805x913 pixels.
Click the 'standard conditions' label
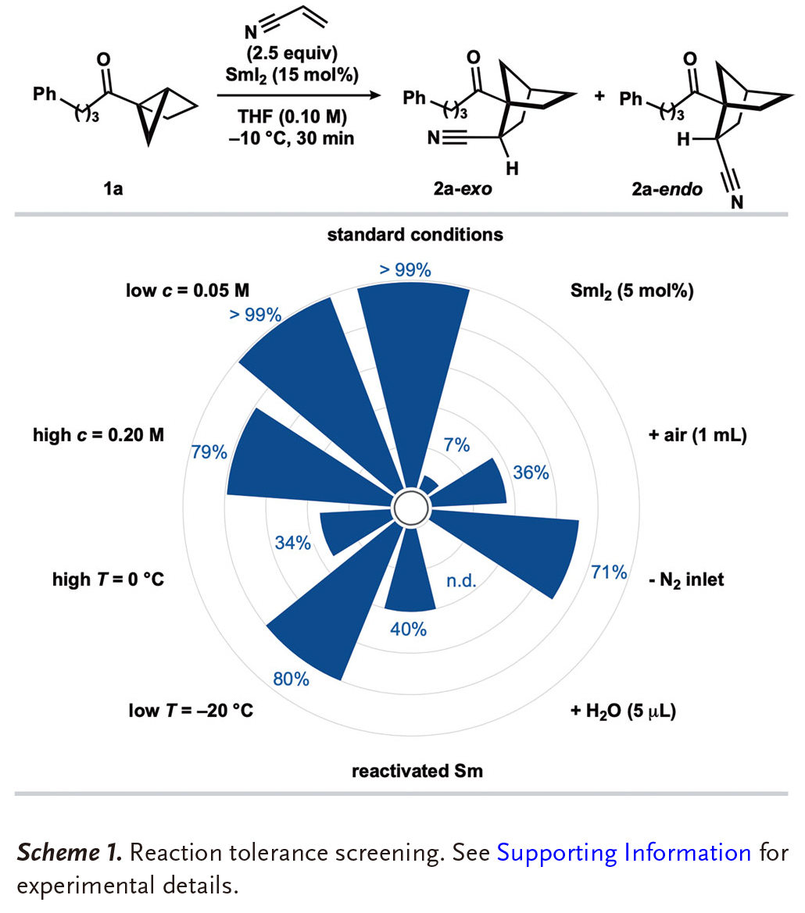tap(415, 234)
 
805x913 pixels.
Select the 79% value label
tap(209, 452)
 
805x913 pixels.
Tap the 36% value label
tap(531, 473)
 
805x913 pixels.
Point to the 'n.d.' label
tap(461, 581)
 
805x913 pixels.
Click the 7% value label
tap(456, 445)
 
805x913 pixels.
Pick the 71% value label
tap(610, 573)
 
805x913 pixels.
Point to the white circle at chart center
tap(411, 508)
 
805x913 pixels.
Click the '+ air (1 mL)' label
tap(698, 436)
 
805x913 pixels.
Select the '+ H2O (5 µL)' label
tap(623, 711)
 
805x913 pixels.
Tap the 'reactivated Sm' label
tap(417, 772)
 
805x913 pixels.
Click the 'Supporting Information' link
tap(624, 852)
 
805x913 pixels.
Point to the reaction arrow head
tap(379, 96)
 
